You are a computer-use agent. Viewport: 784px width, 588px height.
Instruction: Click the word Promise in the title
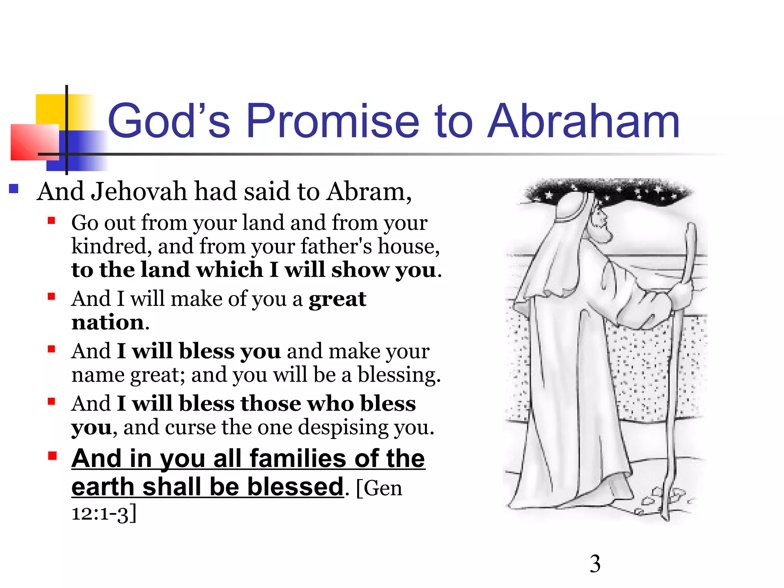coord(332,121)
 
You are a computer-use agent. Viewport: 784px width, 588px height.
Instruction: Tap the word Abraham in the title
coord(584,121)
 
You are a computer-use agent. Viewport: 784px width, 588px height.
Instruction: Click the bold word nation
coord(108,322)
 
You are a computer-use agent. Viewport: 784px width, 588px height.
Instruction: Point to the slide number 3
coord(595,564)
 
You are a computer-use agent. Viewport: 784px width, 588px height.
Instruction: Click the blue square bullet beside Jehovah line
coord(14,189)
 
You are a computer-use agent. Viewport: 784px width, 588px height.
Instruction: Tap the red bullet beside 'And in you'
coord(52,456)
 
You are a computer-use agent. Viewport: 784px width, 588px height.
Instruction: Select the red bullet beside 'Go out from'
coord(52,220)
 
